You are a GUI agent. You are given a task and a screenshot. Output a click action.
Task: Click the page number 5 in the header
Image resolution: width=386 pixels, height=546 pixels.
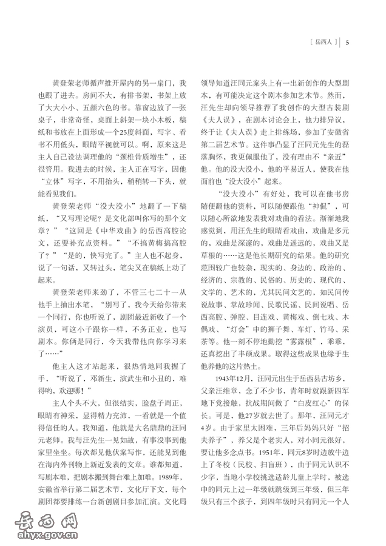point(347,42)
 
